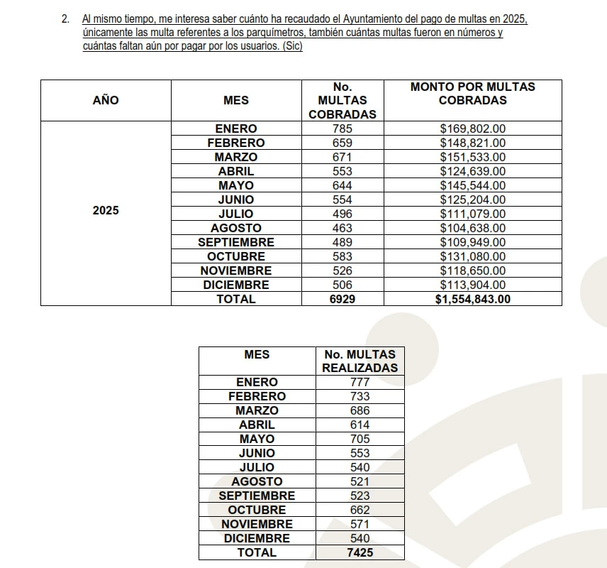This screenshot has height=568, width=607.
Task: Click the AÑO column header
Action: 106,100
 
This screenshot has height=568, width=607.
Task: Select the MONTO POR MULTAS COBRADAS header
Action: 472,93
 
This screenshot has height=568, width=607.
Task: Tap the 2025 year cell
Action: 106,211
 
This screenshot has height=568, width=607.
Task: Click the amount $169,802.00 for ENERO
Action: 472,129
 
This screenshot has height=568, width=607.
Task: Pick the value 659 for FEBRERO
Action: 342,143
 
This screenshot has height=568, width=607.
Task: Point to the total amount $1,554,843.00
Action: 472,299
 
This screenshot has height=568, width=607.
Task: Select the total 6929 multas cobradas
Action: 342,299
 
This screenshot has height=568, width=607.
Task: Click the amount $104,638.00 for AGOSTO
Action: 472,228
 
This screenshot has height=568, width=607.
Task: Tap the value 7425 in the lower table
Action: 360,552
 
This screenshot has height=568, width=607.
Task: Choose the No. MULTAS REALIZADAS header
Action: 360,361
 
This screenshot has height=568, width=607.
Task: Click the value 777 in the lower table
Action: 360,382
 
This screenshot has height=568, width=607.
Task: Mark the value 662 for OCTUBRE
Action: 360,510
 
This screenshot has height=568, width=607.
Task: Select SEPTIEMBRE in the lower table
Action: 257,496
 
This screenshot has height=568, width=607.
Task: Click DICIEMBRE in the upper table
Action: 236,285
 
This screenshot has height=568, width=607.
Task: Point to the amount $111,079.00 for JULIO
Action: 472,214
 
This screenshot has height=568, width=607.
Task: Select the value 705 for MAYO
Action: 360,439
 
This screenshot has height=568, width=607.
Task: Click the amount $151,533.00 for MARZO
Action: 472,157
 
